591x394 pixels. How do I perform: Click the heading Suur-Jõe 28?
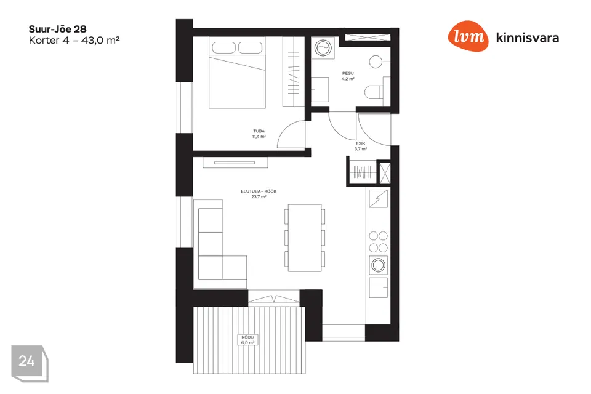58,29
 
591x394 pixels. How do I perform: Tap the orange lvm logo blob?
468,36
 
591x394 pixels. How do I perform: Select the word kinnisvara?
528,38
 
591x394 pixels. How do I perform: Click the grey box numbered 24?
30,363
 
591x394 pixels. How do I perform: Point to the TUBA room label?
259,131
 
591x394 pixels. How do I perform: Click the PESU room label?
348,73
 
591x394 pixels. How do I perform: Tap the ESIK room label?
361,143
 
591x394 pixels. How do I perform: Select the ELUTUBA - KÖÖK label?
259,191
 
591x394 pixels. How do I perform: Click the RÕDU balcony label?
247,337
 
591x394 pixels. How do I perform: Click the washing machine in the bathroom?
323,48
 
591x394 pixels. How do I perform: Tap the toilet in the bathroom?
374,92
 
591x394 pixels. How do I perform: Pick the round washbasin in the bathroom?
376,62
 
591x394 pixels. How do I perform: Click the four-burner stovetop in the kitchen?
378,242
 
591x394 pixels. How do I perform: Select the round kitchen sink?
378,265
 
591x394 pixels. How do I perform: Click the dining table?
305,238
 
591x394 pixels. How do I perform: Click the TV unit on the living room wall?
235,163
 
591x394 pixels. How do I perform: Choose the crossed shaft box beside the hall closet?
384,174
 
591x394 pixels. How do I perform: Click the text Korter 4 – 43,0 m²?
74,41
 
